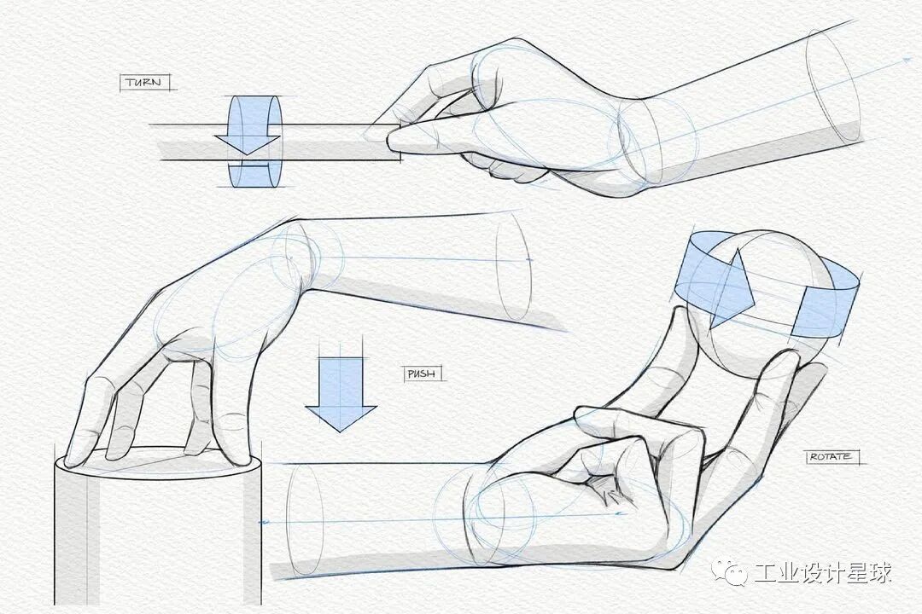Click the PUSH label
point(422,374)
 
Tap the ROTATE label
point(830,456)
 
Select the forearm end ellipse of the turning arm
point(833,86)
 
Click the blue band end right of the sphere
point(823,310)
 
